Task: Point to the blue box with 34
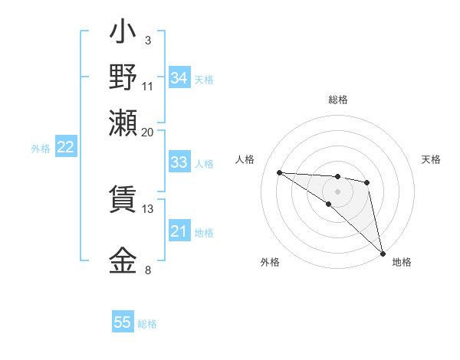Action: pyautogui.click(x=179, y=78)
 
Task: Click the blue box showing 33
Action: pyautogui.click(x=179, y=162)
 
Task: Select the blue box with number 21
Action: pyautogui.click(x=179, y=231)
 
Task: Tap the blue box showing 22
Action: pyautogui.click(x=65, y=148)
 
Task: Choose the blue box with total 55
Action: pyautogui.click(x=123, y=322)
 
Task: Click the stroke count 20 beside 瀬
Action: pyautogui.click(x=147, y=132)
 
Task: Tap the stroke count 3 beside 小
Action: pyautogui.click(x=147, y=39)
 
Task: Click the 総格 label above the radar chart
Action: pyautogui.click(x=337, y=100)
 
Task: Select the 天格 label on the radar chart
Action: pyautogui.click(x=431, y=159)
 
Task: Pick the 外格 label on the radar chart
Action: pyautogui.click(x=270, y=263)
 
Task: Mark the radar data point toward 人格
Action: pyautogui.click(x=280, y=172)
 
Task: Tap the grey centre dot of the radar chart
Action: pyautogui.click(x=337, y=191)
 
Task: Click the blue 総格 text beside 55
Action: pyautogui.click(x=147, y=324)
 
